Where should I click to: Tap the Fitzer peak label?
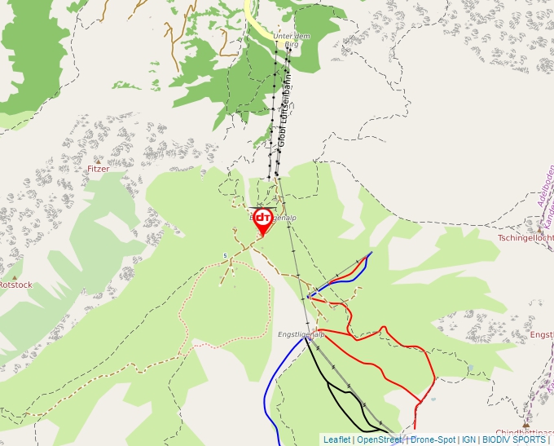click(98, 169)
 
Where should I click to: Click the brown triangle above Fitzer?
click(99, 160)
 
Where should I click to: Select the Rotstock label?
click(15, 285)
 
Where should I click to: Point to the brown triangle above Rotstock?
click(14, 276)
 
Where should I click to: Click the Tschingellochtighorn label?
click(526, 238)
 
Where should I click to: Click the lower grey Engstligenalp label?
click(301, 334)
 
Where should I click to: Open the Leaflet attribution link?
click(336, 439)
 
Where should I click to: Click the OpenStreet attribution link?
click(380, 439)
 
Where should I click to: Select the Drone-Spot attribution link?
click(433, 439)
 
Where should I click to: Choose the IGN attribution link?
click(468, 439)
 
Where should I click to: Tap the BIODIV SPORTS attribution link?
click(514, 439)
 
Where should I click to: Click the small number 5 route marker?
click(225, 256)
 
